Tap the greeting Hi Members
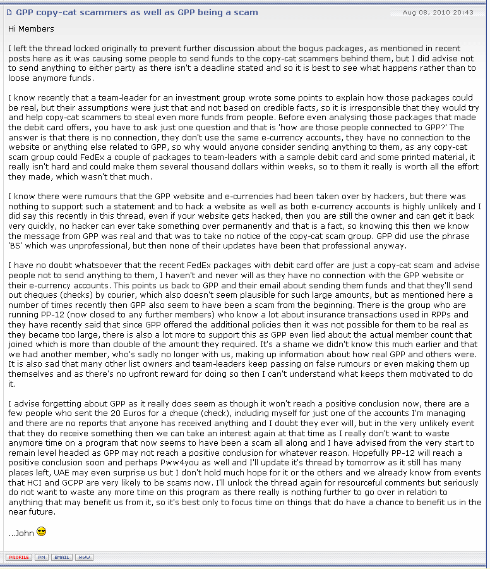[x=31, y=29]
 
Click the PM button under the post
[x=42, y=557]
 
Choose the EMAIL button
[x=61, y=557]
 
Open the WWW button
[x=84, y=557]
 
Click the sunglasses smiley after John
[x=42, y=532]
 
